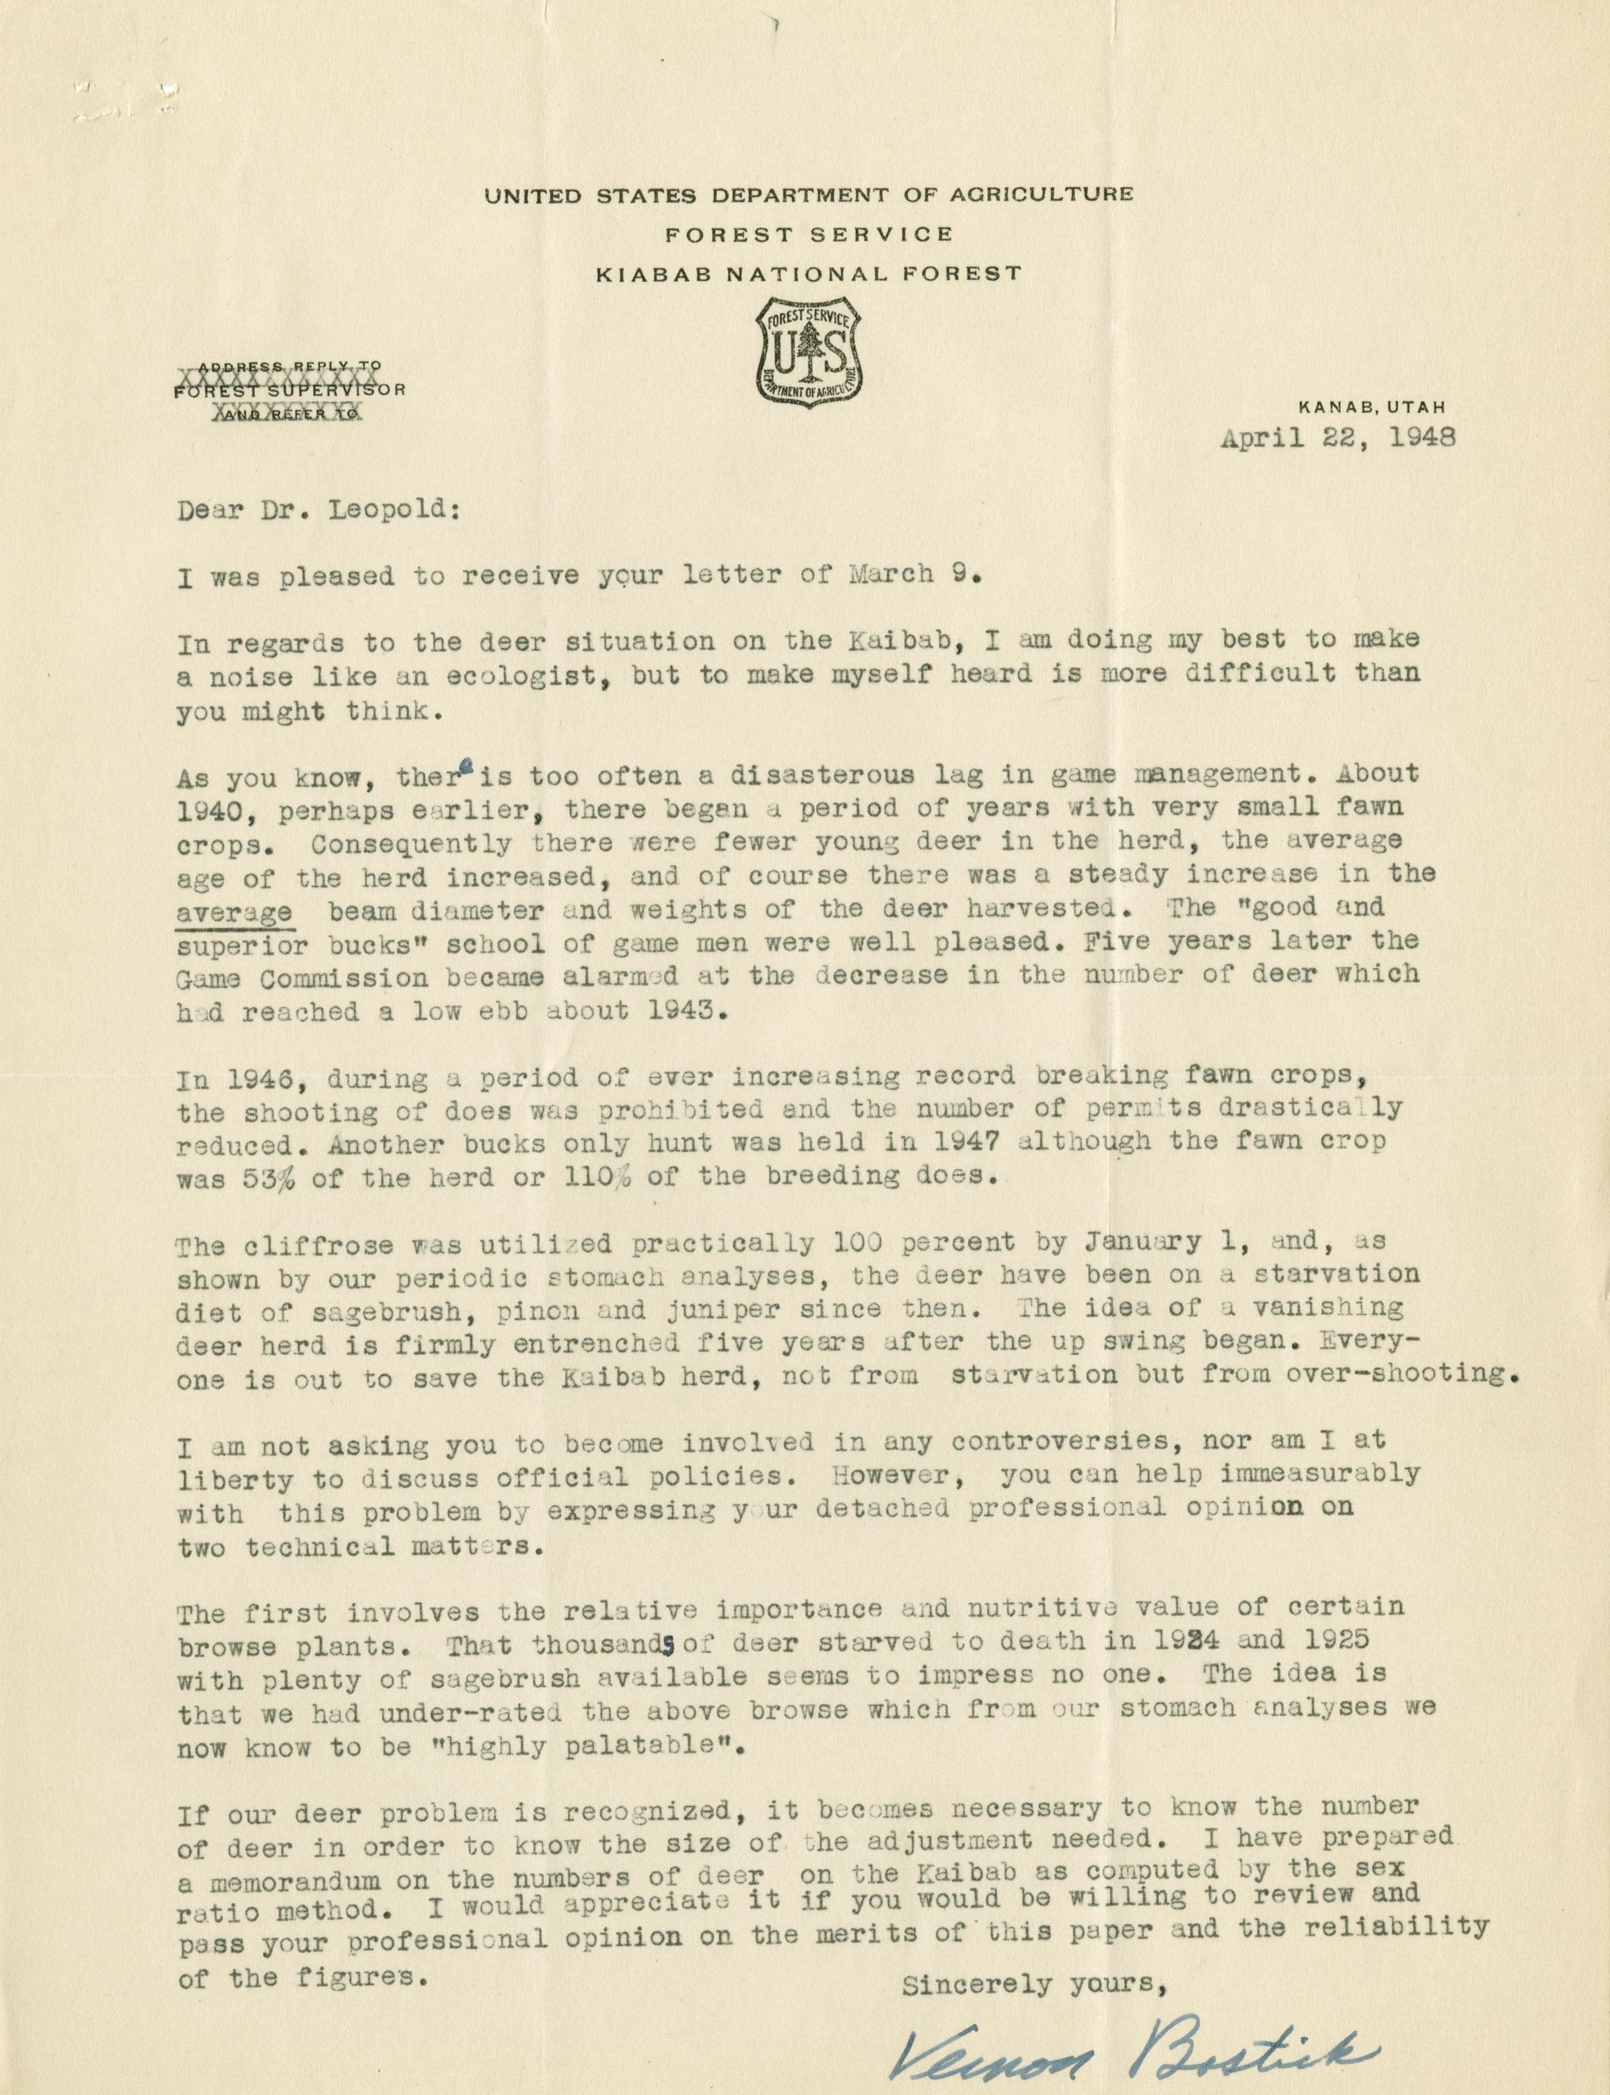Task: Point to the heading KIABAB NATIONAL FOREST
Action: (808, 274)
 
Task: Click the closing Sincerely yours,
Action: (1033, 1980)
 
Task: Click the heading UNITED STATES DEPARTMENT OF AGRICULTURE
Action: (808, 196)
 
